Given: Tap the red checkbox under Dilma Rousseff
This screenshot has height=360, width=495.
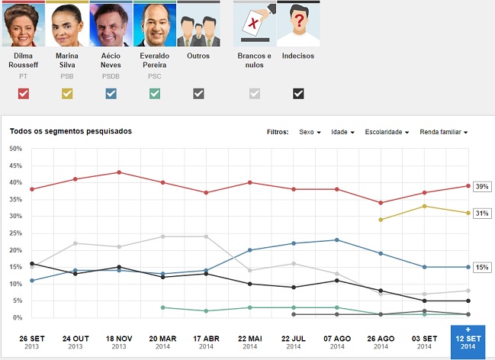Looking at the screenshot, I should [24, 94].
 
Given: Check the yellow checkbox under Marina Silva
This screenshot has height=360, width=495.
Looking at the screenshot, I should [67, 94].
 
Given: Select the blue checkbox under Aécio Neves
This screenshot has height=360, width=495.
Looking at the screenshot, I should [111, 94].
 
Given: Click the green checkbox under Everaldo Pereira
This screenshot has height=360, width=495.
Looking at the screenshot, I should [155, 94].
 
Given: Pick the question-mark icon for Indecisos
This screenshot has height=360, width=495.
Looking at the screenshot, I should [298, 24].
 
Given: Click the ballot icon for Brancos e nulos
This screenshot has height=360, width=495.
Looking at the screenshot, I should [254, 24].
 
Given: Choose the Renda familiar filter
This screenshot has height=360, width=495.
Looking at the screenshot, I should [442, 132].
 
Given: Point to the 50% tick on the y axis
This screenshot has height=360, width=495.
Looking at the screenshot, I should [15, 149].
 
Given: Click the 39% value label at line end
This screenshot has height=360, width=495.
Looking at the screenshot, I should [482, 186].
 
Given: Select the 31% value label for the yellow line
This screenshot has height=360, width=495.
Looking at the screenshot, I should [482, 214].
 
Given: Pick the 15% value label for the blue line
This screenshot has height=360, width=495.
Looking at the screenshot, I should [482, 267].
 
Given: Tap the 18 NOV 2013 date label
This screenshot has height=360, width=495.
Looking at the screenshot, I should [118, 342].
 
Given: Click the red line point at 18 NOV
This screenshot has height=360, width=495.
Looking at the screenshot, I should [118, 172].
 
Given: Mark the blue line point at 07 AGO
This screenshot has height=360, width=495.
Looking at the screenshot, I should [336, 240].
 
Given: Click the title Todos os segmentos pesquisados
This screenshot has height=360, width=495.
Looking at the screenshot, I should [71, 131].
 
